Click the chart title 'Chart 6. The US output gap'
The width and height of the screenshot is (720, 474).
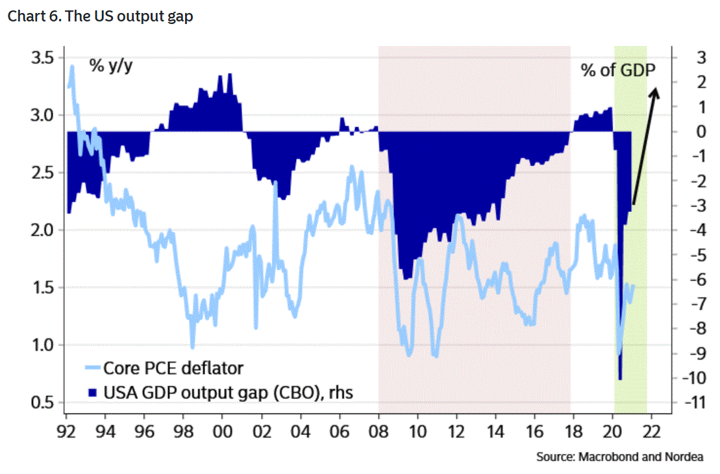point(100,17)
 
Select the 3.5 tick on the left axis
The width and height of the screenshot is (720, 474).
point(43,58)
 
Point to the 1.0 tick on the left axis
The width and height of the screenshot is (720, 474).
point(43,345)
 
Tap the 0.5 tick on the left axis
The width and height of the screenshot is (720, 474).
point(43,402)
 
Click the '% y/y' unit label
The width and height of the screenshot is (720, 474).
point(112,66)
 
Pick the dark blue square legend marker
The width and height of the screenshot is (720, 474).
point(92,392)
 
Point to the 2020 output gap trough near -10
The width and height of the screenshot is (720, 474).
point(621,377)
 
